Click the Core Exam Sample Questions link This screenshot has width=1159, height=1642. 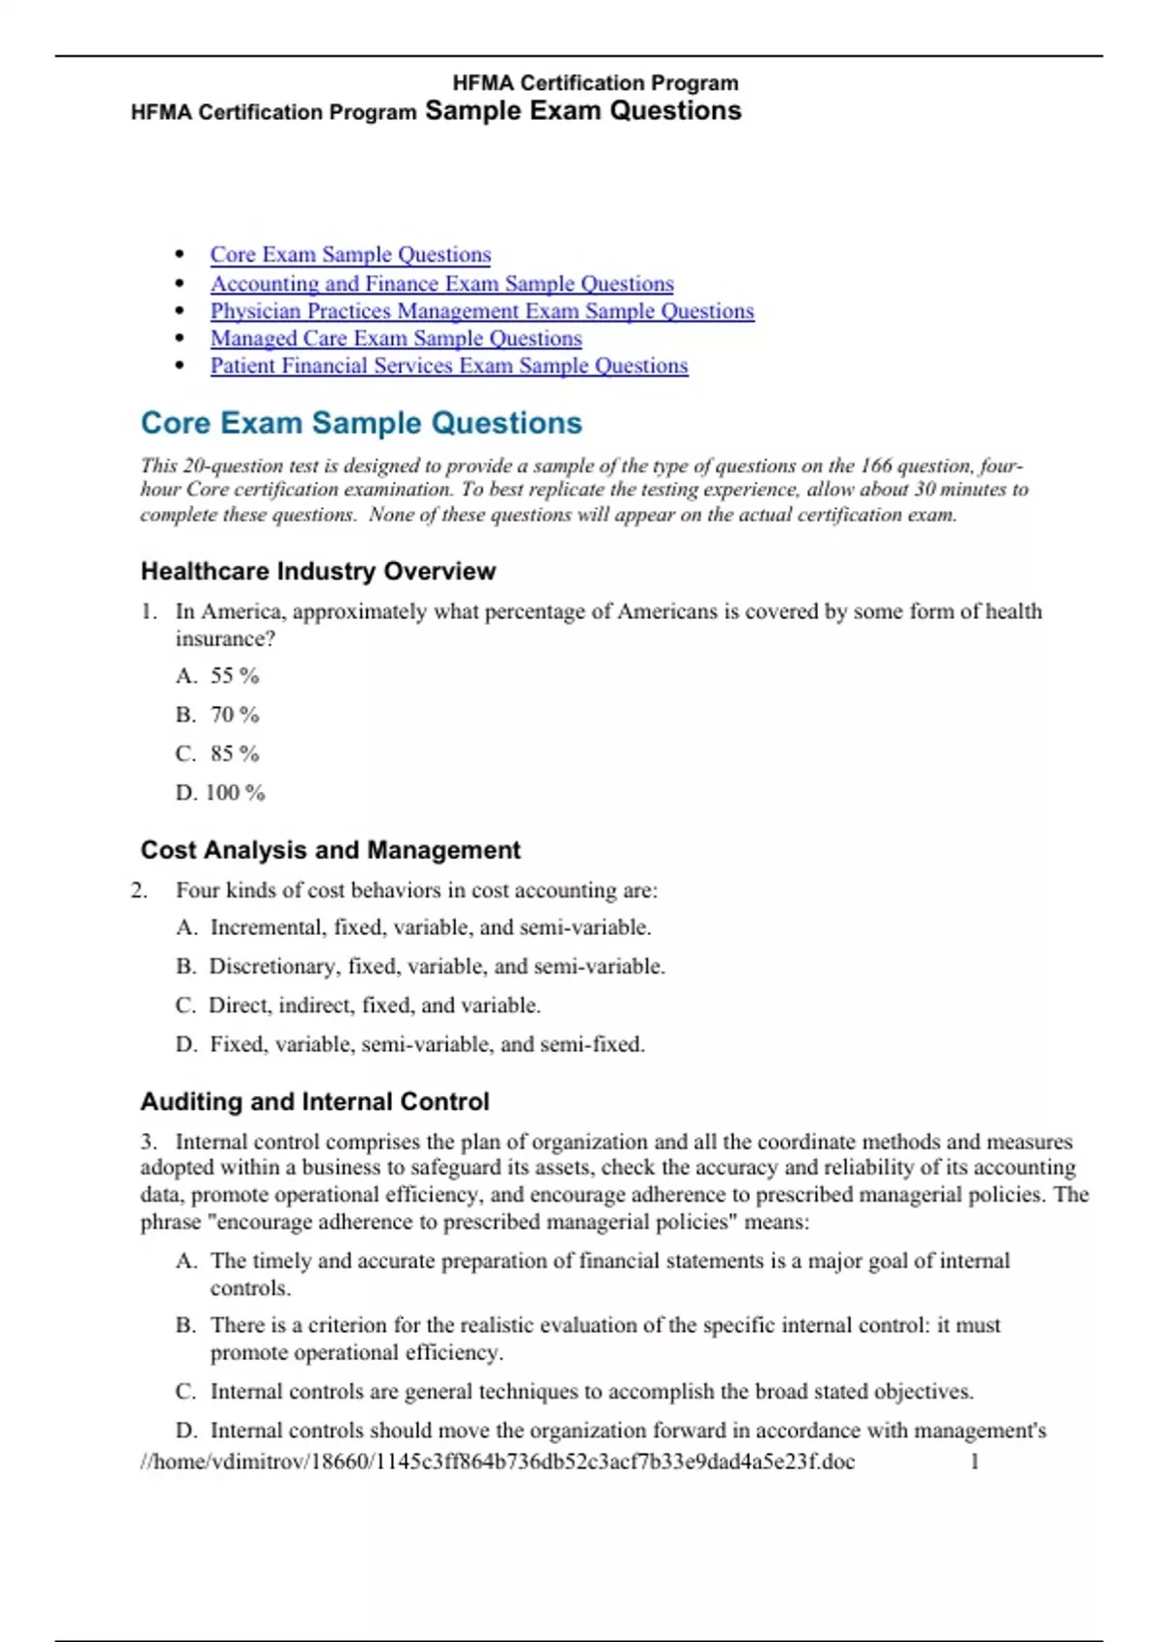351,255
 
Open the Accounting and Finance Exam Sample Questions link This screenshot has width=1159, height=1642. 441,284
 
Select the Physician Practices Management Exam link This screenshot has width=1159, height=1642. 482,311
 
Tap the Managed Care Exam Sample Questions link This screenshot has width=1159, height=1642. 396,338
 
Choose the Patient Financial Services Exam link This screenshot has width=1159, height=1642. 449,366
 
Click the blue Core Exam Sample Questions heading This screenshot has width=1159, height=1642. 361,423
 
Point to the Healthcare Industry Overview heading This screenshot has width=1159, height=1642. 318,572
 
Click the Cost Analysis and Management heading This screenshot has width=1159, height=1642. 330,850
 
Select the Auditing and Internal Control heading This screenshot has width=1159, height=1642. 315,1101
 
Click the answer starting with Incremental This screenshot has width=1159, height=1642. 431,927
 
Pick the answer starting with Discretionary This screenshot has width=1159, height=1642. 437,967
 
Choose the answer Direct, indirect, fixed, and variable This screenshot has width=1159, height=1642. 375,1005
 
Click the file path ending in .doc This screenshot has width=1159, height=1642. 497,1461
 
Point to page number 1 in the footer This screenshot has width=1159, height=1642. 975,1461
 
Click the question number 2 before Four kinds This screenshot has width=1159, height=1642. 139,891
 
